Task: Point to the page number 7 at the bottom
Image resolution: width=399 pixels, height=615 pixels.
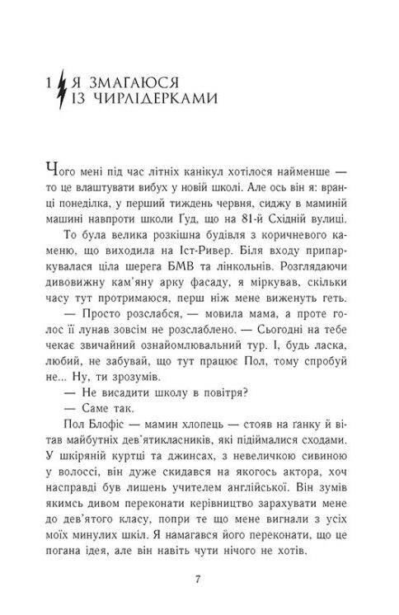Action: coord(199,576)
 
